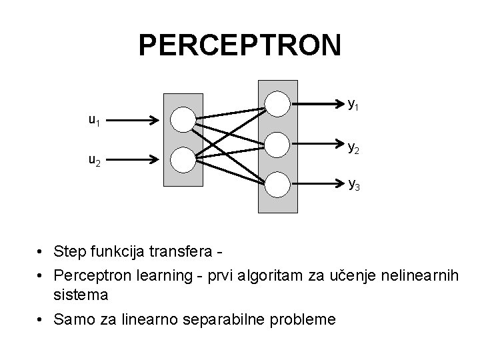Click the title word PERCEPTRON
(240, 45)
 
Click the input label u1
(95, 121)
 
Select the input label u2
(95, 161)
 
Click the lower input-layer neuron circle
(181, 159)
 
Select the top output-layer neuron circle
(277, 103)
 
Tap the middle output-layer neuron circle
(277, 143)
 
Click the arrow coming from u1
(133, 121)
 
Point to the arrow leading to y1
(317, 104)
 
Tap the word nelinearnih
(423, 275)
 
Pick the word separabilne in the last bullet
(227, 320)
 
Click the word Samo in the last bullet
(73, 320)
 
